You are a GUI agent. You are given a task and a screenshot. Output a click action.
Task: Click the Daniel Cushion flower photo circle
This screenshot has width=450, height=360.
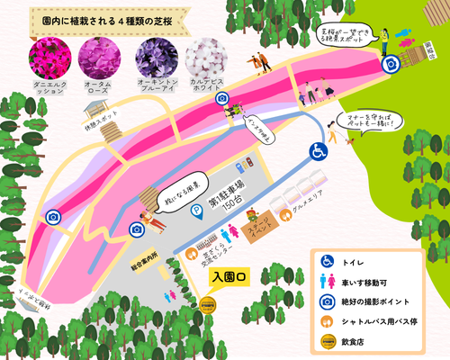coord(48,57)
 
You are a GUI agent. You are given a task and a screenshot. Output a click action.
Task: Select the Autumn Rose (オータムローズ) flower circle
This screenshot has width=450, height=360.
coord(97,57)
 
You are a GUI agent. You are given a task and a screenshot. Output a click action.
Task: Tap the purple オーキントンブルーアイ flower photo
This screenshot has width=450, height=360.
coord(153,57)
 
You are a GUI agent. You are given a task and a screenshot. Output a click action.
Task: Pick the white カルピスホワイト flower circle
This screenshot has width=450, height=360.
coord(204,57)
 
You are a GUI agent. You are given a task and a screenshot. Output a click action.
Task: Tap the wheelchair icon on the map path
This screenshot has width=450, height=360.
coord(319,152)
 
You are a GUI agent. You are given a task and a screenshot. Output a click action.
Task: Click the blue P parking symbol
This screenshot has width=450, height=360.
coord(195,211)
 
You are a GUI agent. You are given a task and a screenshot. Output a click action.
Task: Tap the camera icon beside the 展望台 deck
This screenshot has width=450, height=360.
coord(391,65)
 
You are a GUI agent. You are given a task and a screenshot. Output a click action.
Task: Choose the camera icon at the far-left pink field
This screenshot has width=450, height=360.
coord(53,217)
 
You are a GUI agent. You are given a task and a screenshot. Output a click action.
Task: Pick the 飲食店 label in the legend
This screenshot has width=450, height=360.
coord(358,340)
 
